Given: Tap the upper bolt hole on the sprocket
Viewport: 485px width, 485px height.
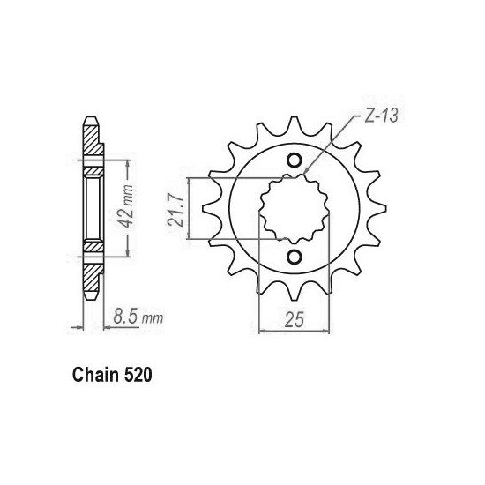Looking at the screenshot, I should pyautogui.click(x=295, y=160).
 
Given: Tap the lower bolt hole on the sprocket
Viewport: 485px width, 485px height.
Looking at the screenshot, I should pyautogui.click(x=295, y=257).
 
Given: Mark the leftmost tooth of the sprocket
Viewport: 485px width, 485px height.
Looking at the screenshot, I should pyautogui.click(x=208, y=209).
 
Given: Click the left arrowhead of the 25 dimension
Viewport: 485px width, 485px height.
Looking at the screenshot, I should pyautogui.click(x=261, y=332).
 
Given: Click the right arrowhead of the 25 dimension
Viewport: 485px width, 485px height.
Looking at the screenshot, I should pyautogui.click(x=327, y=332).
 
